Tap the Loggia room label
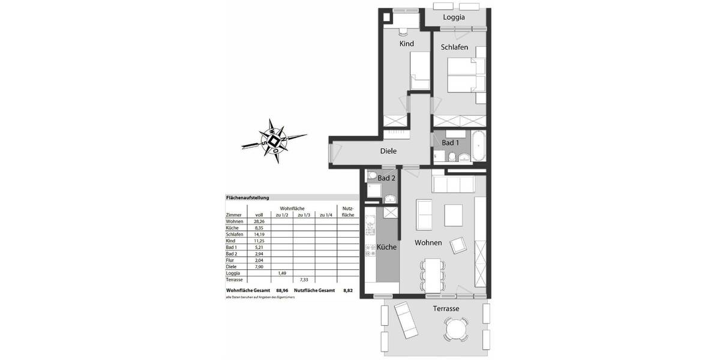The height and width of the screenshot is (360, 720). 454,17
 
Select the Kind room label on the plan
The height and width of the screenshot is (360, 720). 407,43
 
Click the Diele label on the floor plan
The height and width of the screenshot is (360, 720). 389,151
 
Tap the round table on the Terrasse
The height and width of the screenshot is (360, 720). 457,328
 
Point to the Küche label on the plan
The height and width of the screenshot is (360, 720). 386,247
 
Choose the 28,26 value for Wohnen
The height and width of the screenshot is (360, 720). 260,221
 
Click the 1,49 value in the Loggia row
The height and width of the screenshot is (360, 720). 282,273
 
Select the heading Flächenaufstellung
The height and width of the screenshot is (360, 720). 247,197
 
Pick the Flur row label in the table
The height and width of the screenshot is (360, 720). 230,260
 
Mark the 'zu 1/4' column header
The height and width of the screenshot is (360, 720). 326,215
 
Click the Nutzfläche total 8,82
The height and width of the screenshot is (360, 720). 348,290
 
